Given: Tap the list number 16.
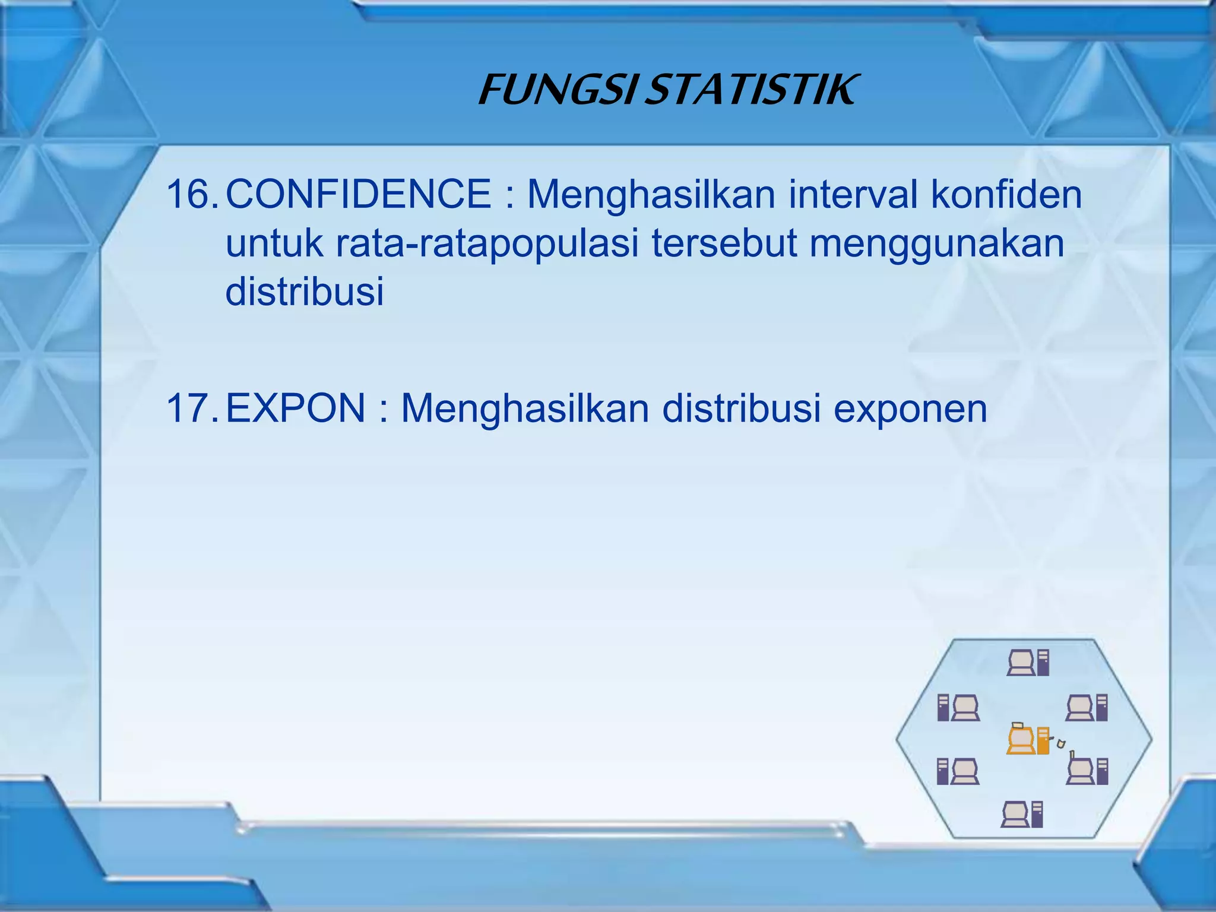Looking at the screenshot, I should (192, 194).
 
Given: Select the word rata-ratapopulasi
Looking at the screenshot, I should (486, 244).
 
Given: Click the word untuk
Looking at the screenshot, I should (274, 244).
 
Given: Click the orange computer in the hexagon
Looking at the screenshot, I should (1028, 740).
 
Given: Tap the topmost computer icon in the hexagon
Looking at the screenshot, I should (1028, 663).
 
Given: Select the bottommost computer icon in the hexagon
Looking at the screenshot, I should (1022, 814).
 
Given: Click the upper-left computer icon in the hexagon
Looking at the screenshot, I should (958, 708).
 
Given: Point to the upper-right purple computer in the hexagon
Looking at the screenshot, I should (1087, 708).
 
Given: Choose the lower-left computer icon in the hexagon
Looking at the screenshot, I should (958, 772).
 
